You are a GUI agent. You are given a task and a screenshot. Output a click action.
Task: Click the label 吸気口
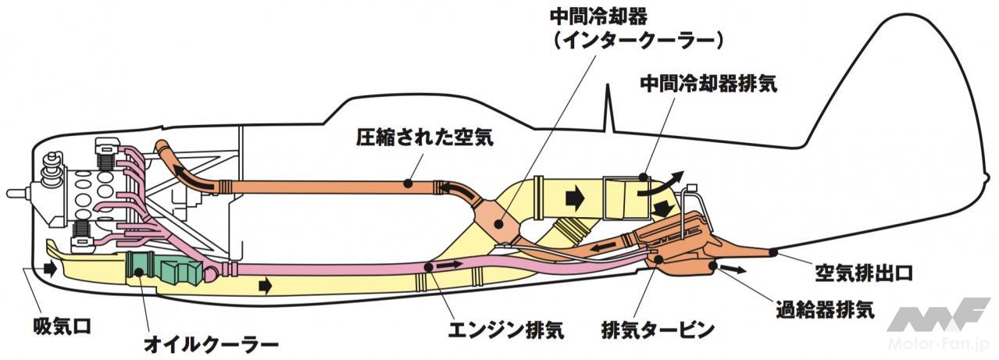point(62,326)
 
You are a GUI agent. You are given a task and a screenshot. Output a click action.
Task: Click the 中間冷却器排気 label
point(708,84)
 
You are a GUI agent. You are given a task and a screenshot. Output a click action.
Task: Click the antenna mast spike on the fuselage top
point(611,109)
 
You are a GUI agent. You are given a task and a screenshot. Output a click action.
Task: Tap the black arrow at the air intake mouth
point(51,269)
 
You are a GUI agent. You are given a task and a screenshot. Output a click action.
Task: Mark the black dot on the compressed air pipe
point(408,184)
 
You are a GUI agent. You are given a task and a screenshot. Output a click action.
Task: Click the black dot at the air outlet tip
point(772,251)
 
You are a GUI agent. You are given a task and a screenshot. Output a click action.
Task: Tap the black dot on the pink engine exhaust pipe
point(428,267)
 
